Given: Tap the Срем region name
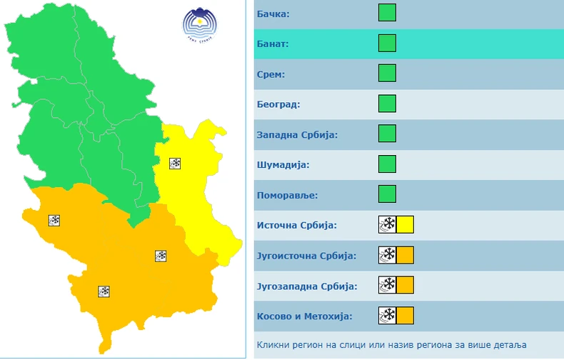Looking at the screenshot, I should [x=271, y=74].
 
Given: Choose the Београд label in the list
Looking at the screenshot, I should [x=278, y=104].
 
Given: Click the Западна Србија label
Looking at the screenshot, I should [x=296, y=134].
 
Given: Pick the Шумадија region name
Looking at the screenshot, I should [x=283, y=165].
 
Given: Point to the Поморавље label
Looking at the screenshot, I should [x=286, y=195].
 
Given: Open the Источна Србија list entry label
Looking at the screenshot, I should [x=296, y=226].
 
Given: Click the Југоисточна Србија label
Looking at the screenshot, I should [x=306, y=256].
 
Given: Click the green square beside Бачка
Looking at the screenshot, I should [x=387, y=13].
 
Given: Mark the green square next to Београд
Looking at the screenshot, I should [x=387, y=104].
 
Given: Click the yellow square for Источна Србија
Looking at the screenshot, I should [x=405, y=226].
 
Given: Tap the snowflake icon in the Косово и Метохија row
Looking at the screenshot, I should [x=387, y=316].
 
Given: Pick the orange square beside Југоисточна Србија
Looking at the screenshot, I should [x=405, y=256].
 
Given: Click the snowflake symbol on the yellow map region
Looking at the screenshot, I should [x=175, y=164].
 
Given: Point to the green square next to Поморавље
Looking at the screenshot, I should [x=387, y=195].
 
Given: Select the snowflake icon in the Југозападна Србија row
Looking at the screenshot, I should [x=387, y=286].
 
